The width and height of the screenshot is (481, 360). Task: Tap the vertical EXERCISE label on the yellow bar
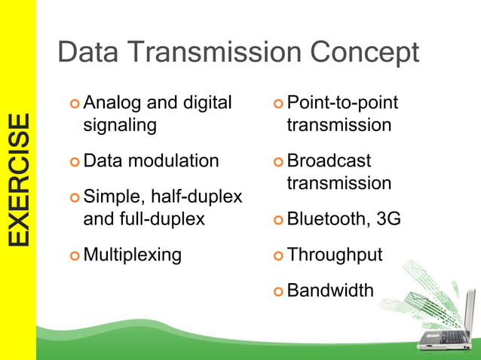[x=19, y=179]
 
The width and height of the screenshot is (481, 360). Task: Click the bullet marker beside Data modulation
[x=74, y=162]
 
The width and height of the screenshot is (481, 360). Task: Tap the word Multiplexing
[x=133, y=255]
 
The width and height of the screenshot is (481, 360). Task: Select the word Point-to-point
[x=342, y=102]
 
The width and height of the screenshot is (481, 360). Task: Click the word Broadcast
[x=329, y=161]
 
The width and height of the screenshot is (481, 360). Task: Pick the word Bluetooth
[x=326, y=219]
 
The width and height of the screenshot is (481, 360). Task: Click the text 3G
[x=388, y=219]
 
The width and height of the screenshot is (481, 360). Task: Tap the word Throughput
[x=334, y=255]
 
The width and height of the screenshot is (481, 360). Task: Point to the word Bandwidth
[x=330, y=290]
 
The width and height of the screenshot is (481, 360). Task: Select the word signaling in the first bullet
[x=120, y=124]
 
